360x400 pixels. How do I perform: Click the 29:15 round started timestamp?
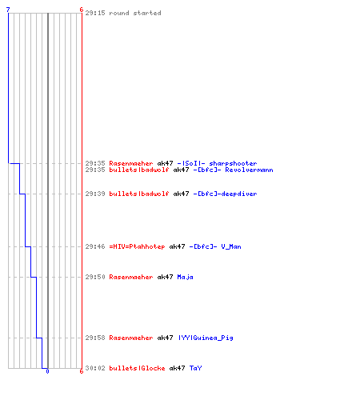[95, 13]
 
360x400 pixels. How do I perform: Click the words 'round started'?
[135, 13]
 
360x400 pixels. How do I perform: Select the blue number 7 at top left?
[8, 10]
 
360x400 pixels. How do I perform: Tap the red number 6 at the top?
[82, 10]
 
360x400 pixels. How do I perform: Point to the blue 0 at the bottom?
[47, 371]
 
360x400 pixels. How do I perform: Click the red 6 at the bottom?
[82, 371]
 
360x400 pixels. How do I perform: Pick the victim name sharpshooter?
[233, 163]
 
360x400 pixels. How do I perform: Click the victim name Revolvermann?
[249, 170]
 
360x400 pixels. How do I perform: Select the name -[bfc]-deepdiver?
[225, 194]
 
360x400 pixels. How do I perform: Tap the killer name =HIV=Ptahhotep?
[137, 246]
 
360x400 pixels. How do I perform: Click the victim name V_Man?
[231, 246]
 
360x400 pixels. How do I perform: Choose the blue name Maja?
[185, 277]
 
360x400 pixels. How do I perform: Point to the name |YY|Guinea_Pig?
[206, 338]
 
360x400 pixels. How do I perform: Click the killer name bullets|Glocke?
[137, 368]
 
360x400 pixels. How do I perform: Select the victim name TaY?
[196, 368]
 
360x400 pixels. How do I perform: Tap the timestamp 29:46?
[95, 246]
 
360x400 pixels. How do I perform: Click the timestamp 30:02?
[95, 368]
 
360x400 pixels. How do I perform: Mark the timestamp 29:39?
[95, 194]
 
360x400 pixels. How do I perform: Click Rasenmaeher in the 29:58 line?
[131, 338]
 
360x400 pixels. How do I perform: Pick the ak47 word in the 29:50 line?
[165, 277]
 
